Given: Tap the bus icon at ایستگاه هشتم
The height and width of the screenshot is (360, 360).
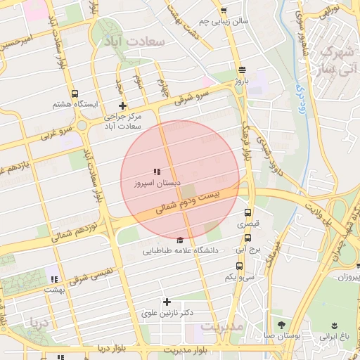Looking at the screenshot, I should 75,94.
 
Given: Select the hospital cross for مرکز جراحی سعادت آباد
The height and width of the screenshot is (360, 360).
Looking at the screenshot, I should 122,105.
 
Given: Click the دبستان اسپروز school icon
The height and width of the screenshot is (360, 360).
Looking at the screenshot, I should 157,172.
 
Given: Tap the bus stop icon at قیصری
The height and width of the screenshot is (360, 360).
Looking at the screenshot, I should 247,212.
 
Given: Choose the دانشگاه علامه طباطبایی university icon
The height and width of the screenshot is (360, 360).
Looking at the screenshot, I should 181,240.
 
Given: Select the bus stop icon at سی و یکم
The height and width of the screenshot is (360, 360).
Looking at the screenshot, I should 239,266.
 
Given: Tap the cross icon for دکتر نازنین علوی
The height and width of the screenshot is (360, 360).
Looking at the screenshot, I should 167,302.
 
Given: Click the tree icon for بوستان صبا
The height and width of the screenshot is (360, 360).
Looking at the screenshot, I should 282,325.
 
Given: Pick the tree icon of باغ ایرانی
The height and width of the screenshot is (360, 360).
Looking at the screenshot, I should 335,326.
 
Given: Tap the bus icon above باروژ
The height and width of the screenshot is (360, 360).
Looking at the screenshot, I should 242,70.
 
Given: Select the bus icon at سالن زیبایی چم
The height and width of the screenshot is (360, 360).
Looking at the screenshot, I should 224,11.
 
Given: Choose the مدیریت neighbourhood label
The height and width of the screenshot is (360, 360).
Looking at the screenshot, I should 221,328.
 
